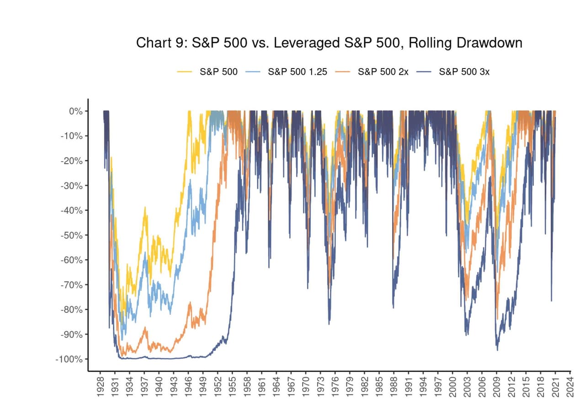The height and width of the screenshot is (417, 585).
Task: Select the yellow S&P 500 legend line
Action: pos(184,72)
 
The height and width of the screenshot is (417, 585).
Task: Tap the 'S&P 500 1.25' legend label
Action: pos(298,72)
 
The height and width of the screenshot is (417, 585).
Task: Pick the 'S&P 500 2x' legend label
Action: pos(383,72)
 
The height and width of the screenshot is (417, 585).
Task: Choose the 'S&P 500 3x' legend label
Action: pos(464,72)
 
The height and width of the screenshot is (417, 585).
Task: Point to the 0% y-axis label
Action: pos(76,111)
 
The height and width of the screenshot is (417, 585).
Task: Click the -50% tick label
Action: pos(72,235)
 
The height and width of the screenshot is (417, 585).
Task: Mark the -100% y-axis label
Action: pos(69,359)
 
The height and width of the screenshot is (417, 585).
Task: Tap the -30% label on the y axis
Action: pos(72,185)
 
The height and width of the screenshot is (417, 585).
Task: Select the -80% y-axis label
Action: pos(72,310)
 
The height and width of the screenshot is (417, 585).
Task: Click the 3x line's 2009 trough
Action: pos(498,350)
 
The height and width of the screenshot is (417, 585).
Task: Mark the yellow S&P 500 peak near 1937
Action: pos(145,207)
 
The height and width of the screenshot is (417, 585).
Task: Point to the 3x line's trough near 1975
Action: pos(329,324)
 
